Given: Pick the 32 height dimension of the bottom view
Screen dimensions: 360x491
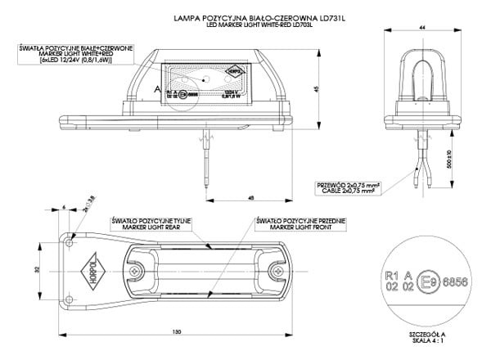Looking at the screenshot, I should point(38,268).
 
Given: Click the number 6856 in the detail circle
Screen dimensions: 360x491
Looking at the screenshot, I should point(454,281).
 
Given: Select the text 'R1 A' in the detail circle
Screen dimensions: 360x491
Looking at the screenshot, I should point(396,275).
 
